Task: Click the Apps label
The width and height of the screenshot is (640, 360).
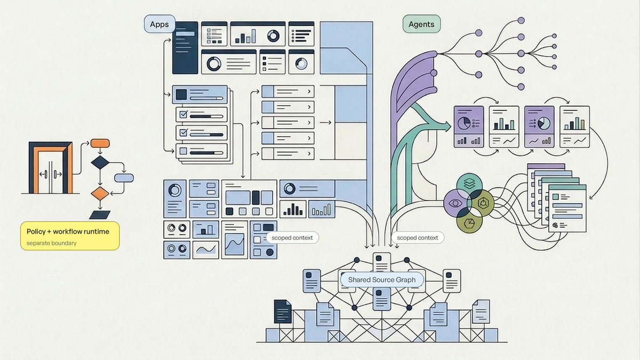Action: (x=159, y=24)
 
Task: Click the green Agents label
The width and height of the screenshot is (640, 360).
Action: (x=421, y=24)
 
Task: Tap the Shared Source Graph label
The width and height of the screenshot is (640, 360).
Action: (x=382, y=279)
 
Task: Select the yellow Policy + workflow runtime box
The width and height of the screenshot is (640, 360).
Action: (x=70, y=236)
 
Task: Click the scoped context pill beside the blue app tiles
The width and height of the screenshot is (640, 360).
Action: (x=292, y=238)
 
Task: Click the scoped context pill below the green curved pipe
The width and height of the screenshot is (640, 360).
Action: (x=418, y=238)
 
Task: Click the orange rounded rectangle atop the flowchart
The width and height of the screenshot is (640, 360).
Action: (x=100, y=143)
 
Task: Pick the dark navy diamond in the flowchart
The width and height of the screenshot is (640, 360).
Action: (x=100, y=163)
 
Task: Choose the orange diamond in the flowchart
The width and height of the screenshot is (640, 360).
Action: (x=100, y=194)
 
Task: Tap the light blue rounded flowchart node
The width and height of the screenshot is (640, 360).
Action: (x=124, y=178)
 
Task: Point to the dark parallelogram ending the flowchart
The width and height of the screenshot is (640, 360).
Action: (x=100, y=215)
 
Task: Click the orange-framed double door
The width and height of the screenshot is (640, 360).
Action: (x=51, y=167)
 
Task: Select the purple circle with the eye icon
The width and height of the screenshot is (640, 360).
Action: (x=456, y=203)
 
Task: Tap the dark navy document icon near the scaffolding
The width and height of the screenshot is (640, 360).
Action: (x=283, y=311)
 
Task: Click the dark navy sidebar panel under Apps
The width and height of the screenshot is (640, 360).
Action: (x=185, y=47)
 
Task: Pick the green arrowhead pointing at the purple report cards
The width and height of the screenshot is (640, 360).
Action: (x=446, y=126)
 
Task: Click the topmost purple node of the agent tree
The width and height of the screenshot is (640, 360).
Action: (x=521, y=20)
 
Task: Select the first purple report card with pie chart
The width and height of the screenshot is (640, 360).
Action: (x=469, y=126)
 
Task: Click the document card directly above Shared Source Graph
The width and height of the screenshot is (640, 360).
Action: (x=382, y=262)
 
